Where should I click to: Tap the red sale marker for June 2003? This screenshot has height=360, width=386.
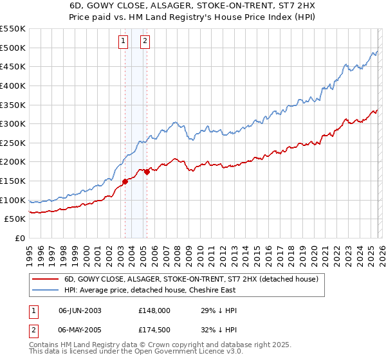coord(125,181)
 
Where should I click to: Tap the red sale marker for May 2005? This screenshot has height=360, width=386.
coord(147,171)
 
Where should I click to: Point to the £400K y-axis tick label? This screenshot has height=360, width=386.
coord(13,85)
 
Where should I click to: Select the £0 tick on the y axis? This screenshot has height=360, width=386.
coord(19,238)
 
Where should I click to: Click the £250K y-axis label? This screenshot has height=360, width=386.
coord(13,143)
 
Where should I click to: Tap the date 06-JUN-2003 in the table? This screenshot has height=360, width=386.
coord(80,310)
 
